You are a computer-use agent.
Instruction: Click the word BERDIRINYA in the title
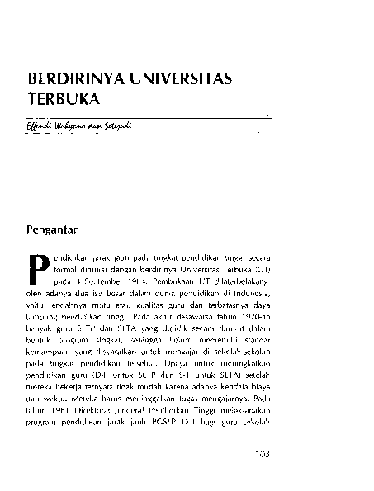click(73, 80)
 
